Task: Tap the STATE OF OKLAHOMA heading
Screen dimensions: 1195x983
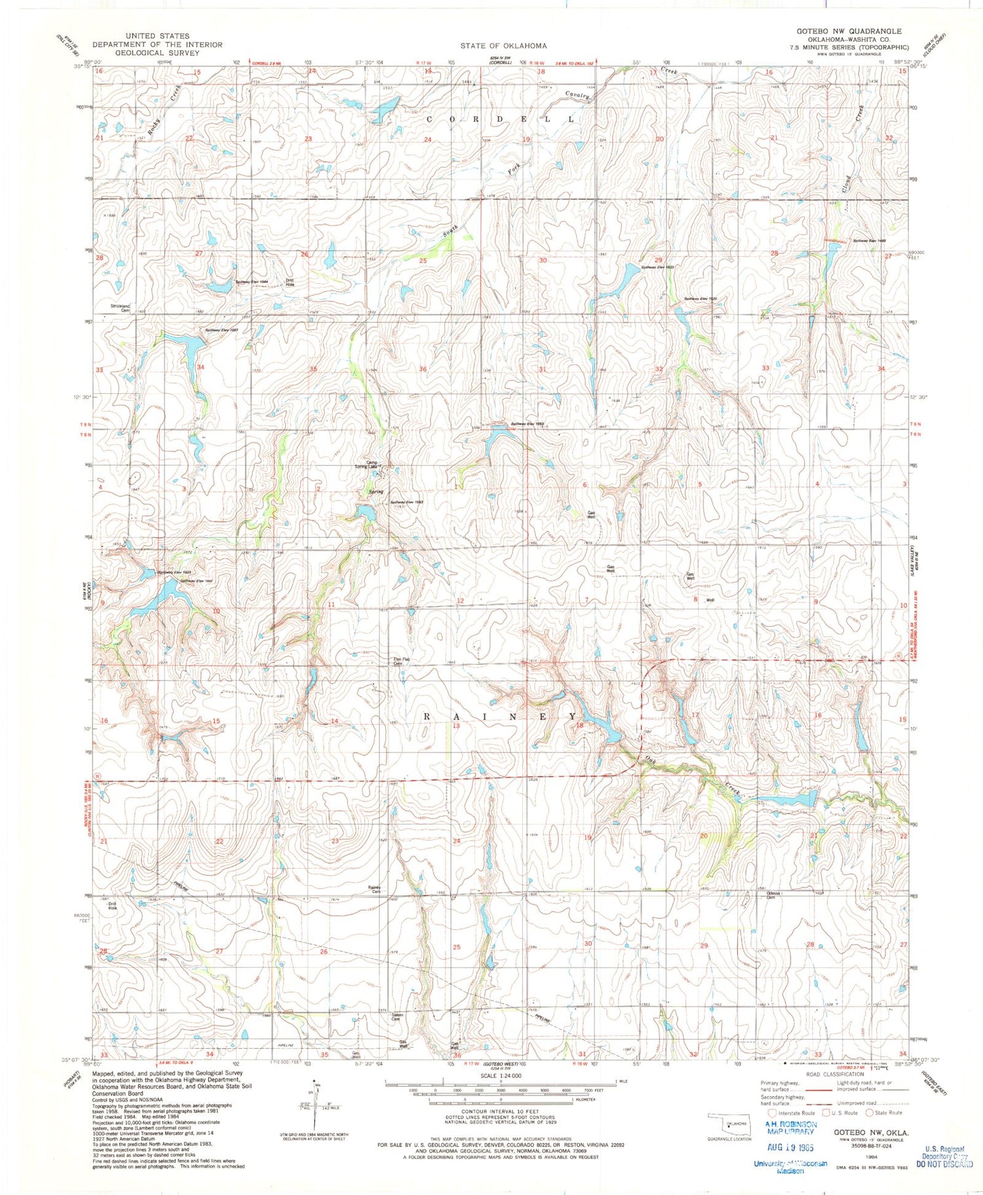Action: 503,45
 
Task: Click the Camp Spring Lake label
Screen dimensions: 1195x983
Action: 373,464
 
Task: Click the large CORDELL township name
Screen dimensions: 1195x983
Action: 501,119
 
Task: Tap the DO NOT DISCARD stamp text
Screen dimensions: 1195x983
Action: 945,1164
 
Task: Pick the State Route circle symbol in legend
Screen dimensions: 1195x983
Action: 870,1112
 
